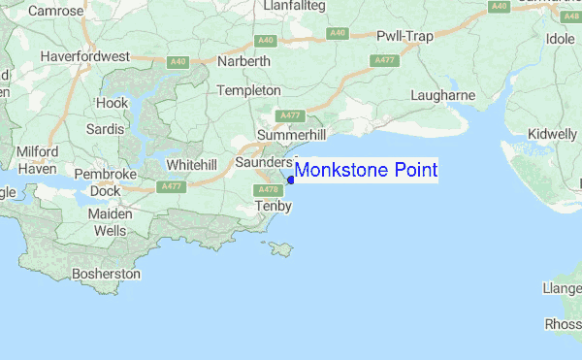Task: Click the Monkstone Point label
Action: click(367, 171)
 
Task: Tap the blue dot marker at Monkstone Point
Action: click(291, 179)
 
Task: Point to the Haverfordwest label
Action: click(85, 57)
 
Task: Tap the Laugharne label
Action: click(442, 95)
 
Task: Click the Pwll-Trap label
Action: click(404, 36)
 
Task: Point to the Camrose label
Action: click(57, 11)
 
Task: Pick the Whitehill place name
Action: click(190, 165)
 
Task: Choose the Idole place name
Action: click(561, 39)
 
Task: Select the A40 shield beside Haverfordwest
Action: click(177, 62)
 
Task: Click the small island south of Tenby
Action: click(283, 249)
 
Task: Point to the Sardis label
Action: click(105, 127)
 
